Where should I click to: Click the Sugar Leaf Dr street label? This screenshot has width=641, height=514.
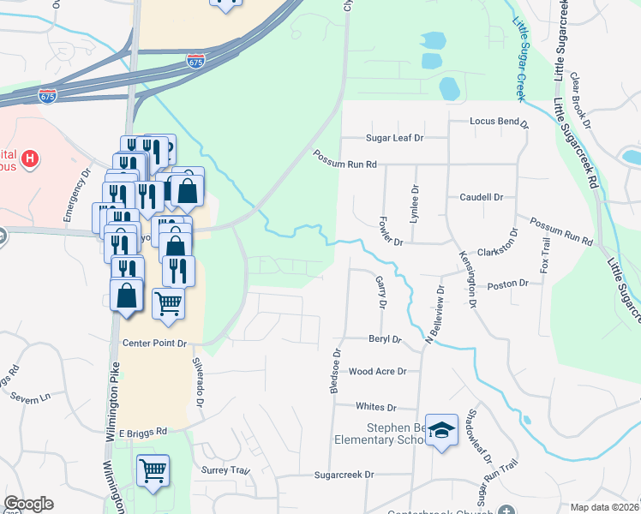pyautogui.click(x=390, y=137)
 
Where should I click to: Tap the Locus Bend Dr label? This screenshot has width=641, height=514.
pyautogui.click(x=499, y=122)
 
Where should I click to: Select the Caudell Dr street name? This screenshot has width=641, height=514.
pyautogui.click(x=481, y=197)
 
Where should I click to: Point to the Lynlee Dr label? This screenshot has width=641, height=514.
pyautogui.click(x=415, y=206)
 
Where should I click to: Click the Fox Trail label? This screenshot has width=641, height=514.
pyautogui.click(x=543, y=256)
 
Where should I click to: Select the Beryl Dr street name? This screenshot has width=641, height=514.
pyautogui.click(x=385, y=339)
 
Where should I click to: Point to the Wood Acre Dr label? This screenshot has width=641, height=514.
pyautogui.click(x=377, y=372)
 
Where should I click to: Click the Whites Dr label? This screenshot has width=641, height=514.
pyautogui.click(x=377, y=408)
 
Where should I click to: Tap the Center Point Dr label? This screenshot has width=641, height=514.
pyautogui.click(x=154, y=344)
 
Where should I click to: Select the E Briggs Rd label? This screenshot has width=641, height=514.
pyautogui.click(x=142, y=433)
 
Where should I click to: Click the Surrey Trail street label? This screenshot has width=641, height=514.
pyautogui.click(x=225, y=470)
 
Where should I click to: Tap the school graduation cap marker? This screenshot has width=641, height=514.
pyautogui.click(x=442, y=433)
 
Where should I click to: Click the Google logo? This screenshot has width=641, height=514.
pyautogui.click(x=28, y=504)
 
